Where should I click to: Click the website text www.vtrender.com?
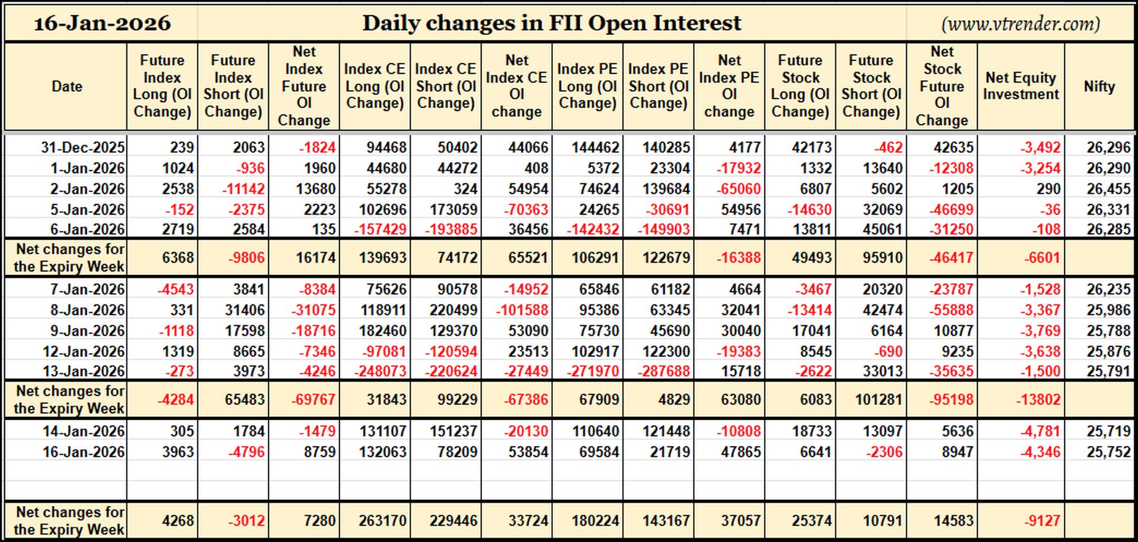1021,24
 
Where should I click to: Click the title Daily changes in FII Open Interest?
552,23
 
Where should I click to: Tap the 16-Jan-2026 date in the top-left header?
102,23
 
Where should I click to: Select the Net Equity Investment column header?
1021,86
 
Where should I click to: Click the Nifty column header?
1099,86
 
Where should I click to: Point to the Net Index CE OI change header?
516,86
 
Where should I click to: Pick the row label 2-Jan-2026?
88,189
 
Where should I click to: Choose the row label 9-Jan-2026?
88,331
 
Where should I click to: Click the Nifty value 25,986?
1109,310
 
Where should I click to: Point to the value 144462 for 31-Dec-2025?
589,147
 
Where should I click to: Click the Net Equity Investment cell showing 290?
1049,189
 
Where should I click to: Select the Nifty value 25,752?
1109,452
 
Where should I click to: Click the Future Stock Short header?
871,86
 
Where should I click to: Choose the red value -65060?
739,189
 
